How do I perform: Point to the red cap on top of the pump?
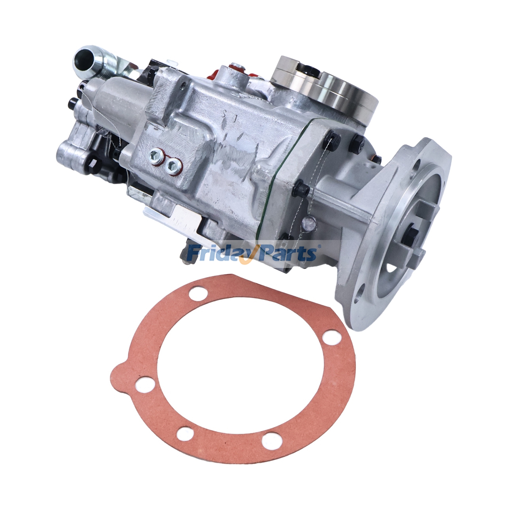tap(235, 67)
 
